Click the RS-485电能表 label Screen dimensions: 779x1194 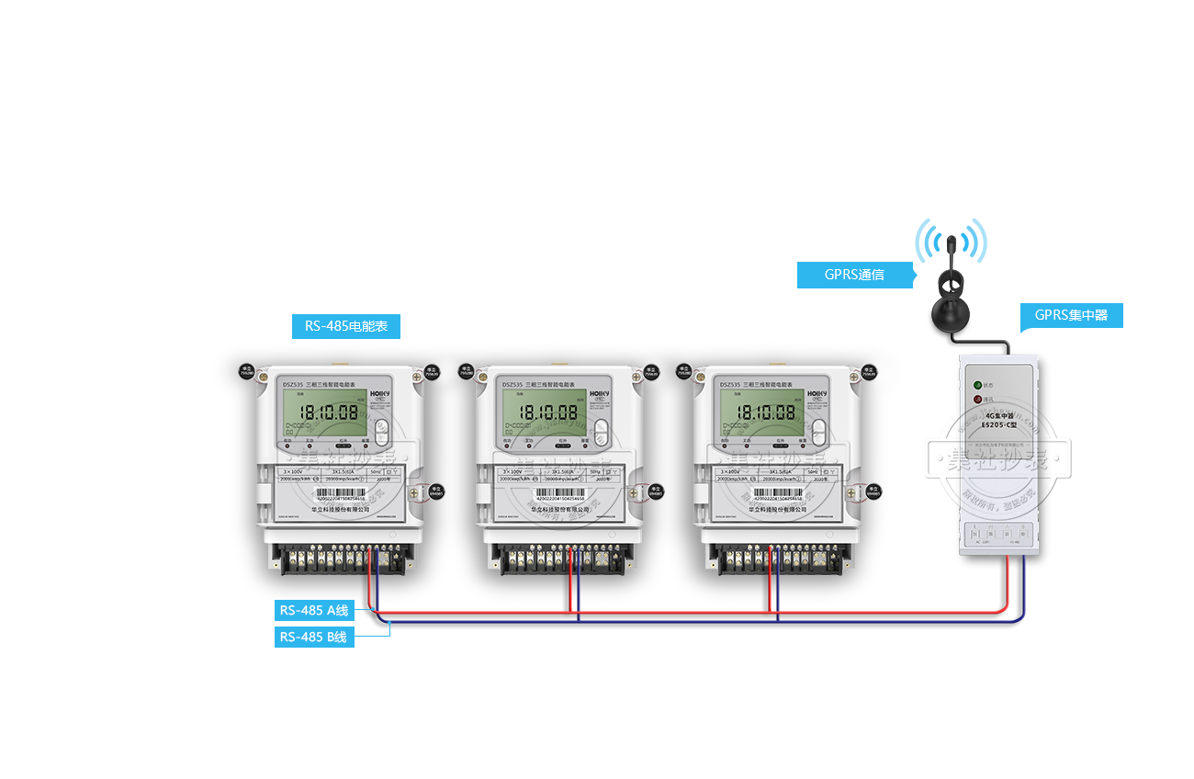pos(345,325)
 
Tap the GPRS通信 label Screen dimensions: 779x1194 pos(854,274)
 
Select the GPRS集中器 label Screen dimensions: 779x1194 pos(1071,316)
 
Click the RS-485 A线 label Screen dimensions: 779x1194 pos(314,610)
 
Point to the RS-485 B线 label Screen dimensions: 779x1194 pos(314,637)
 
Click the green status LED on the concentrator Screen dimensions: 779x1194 pos(976,385)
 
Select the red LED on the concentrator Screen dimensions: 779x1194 pos(976,400)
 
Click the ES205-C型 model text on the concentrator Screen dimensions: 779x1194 pos(999,424)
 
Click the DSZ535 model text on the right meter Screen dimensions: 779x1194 pos(730,385)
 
